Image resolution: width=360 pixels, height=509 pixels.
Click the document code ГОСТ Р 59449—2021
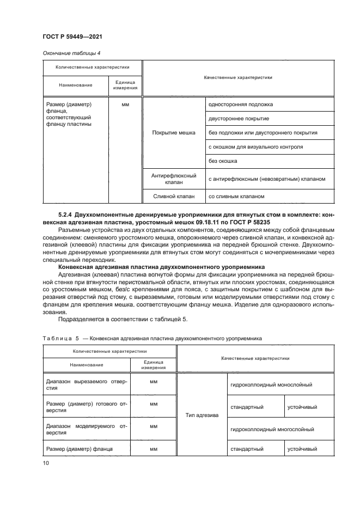click(x=72, y=36)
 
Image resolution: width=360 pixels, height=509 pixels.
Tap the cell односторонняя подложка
click(x=241, y=104)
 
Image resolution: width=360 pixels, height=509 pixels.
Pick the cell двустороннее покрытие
click(x=239, y=118)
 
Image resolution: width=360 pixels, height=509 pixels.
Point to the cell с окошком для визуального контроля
click(x=255, y=147)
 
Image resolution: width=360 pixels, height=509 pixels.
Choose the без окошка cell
click(x=223, y=161)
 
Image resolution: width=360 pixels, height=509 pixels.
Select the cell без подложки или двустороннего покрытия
click(x=263, y=133)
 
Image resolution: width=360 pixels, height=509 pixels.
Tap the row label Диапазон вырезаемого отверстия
click(x=87, y=384)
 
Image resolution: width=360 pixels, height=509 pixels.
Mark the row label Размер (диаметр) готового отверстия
click(x=87, y=407)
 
